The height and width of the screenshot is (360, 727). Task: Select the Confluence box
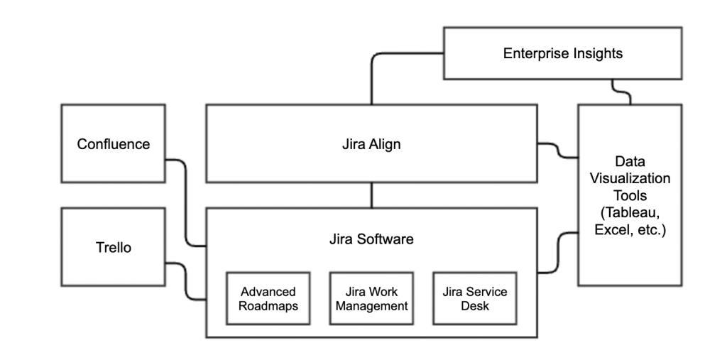[114, 144]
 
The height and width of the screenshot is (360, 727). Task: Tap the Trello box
[114, 248]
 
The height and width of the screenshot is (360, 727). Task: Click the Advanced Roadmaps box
[268, 299]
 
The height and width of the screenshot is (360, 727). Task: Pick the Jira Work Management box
[371, 299]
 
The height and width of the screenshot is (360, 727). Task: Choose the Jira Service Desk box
[475, 299]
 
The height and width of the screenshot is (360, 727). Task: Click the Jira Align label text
[371, 144]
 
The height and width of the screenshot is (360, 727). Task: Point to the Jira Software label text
[371, 239]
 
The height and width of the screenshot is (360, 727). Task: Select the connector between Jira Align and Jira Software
[371, 195]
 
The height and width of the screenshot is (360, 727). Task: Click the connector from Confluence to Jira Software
[186, 206]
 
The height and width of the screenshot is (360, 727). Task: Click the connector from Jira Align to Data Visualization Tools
[557, 150]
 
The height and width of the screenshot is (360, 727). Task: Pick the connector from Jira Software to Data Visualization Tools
[557, 252]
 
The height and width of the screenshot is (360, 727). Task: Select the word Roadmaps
[268, 306]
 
